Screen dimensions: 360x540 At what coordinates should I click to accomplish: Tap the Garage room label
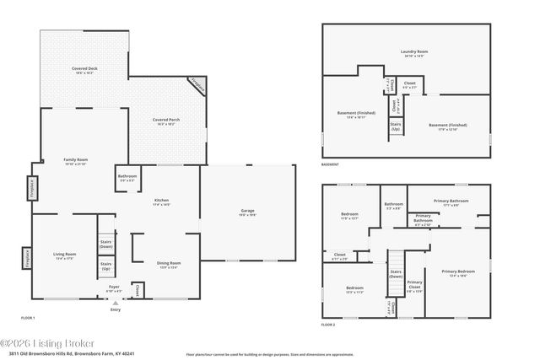click(x=247, y=212)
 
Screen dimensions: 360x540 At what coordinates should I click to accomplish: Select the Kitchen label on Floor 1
click(x=161, y=202)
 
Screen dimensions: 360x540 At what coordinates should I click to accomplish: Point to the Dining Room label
click(x=169, y=265)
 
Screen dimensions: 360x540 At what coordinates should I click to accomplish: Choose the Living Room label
click(x=65, y=255)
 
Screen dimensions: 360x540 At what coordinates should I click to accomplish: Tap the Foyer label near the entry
click(x=114, y=289)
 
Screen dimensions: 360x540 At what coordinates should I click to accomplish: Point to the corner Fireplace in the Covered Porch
click(x=197, y=84)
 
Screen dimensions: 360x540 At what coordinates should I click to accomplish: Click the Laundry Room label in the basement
click(x=413, y=53)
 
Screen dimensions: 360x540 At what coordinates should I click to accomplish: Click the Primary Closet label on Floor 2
click(x=414, y=285)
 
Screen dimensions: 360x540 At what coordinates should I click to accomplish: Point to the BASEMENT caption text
click(x=332, y=153)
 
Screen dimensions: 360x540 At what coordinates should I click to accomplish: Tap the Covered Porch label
click(x=165, y=121)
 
